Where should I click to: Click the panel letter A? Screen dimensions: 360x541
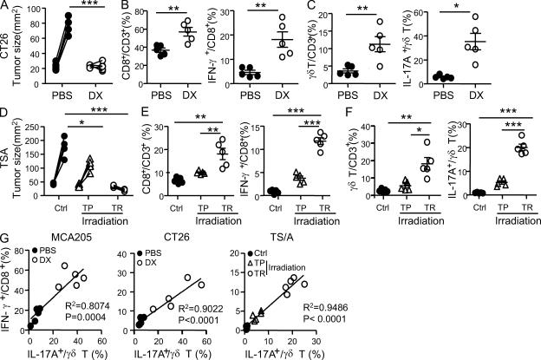click(6, 7)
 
